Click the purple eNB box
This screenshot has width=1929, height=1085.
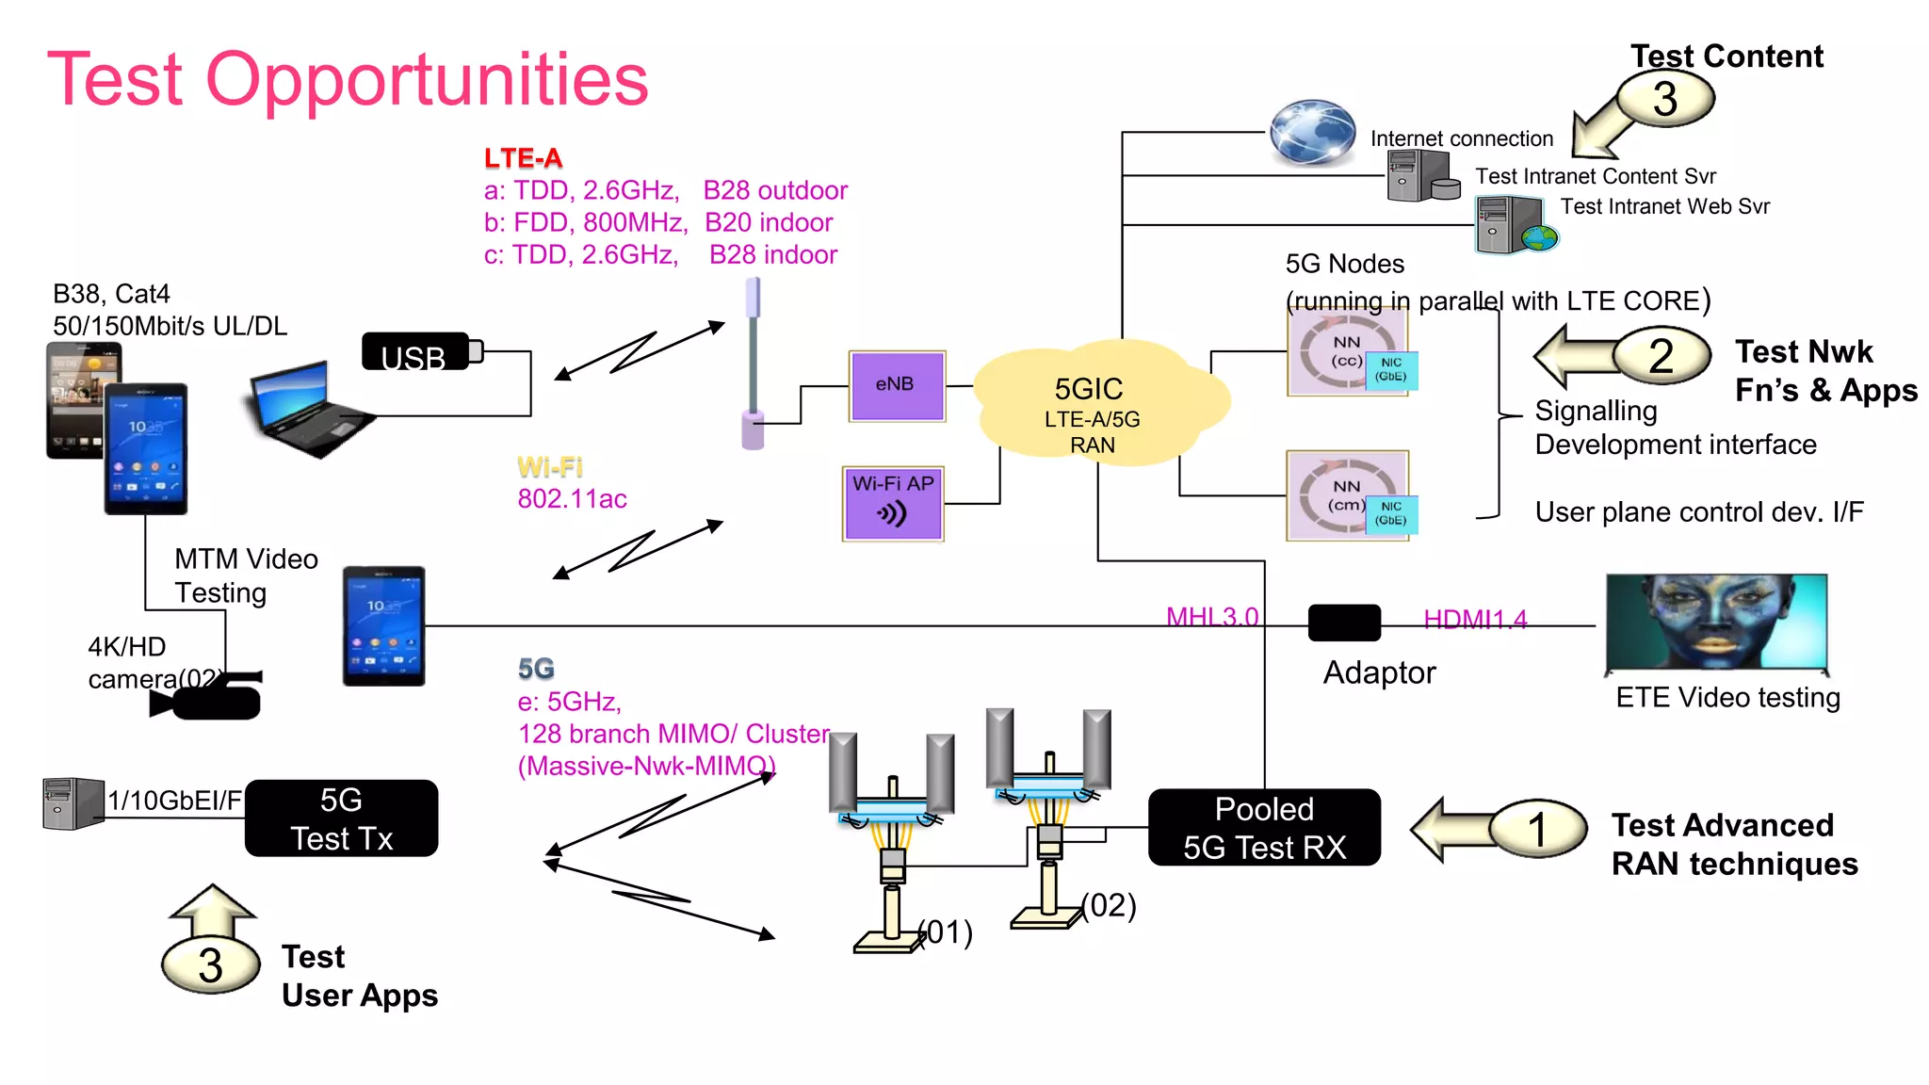896,385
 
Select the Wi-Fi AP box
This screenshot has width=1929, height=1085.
892,504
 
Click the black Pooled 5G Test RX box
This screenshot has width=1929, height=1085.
1264,828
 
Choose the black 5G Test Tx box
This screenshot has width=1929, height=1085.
341,818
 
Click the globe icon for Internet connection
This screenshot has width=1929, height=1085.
1311,132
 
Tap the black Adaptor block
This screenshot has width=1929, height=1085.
1344,623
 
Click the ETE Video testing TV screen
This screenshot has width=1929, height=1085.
1716,622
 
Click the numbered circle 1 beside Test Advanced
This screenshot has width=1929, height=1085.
1537,829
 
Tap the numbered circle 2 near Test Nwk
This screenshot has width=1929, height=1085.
1661,356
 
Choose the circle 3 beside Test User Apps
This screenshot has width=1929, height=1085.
210,965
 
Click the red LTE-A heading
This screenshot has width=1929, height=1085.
523,158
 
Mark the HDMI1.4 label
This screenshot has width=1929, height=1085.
1474,619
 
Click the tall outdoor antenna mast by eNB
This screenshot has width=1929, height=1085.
753,363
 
